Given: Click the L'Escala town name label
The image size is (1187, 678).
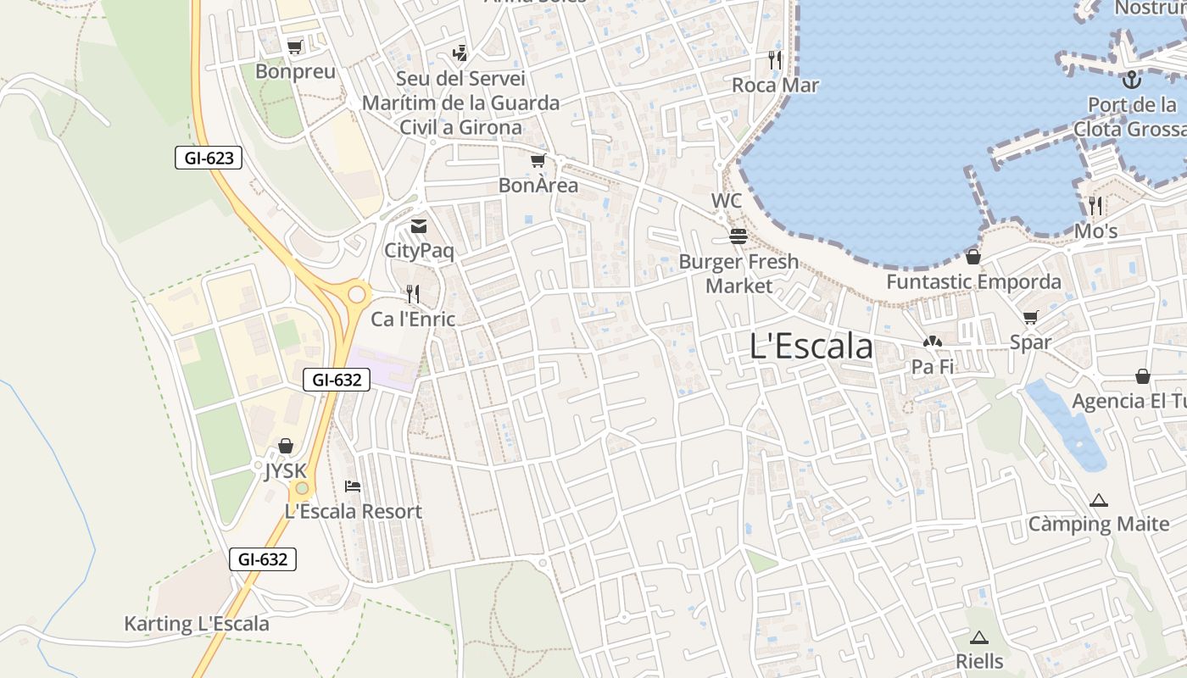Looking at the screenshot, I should point(811,346).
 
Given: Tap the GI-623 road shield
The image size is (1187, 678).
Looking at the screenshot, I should point(209,158).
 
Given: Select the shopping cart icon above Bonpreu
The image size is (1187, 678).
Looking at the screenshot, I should point(294,47).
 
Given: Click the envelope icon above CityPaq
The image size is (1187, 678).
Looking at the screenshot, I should point(419,226).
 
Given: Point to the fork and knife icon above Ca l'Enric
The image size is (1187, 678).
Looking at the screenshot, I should point(413,294).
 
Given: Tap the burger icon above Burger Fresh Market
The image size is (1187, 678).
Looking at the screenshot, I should point(738,236).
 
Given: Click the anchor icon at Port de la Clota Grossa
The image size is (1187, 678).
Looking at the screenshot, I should point(1131,80).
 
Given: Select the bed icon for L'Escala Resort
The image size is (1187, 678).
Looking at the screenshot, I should point(353,486).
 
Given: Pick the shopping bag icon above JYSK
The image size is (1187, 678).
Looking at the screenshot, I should point(286,446).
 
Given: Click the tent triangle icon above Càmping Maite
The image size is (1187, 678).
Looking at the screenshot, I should point(1099,500).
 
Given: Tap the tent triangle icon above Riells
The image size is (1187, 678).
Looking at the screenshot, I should point(979,637).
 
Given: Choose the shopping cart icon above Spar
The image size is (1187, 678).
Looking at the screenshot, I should point(1030,318).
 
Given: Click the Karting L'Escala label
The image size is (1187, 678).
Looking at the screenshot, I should point(197,625).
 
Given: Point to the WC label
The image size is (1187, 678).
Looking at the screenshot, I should point(727,201).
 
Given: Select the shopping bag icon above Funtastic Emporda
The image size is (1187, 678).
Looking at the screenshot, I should point(973,257).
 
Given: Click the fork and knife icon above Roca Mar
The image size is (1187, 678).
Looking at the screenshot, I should point(775,59).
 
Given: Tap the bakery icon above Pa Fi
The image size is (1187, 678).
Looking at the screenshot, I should point(933,342).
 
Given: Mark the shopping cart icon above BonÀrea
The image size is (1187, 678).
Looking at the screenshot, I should point(538,160).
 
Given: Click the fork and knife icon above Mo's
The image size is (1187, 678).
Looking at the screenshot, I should point(1095,205).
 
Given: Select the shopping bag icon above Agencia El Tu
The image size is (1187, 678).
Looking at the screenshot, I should point(1143,375).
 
